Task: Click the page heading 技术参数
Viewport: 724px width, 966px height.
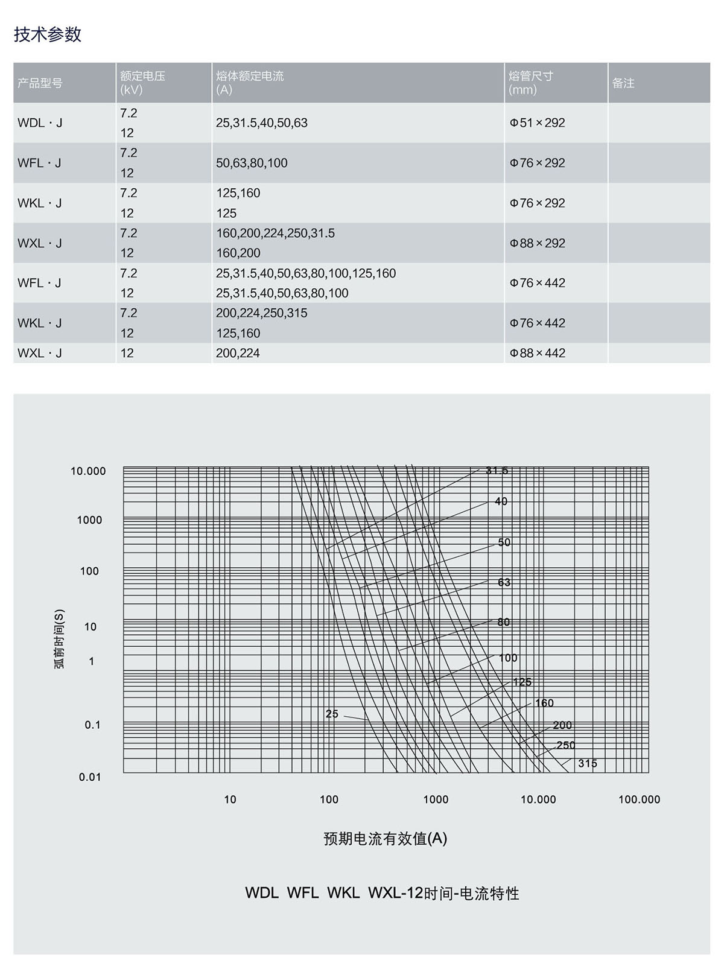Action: coord(48,34)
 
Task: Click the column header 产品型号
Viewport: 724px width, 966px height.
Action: coord(40,83)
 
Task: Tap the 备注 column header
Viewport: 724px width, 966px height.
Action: coord(623,83)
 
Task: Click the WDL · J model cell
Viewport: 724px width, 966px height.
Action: coord(40,123)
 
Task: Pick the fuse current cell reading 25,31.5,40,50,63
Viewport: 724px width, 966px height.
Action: coord(262,123)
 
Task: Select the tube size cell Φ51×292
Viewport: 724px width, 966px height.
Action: coord(538,123)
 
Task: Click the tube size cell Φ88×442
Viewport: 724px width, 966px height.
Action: coord(538,353)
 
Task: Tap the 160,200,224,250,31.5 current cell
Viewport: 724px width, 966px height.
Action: coord(275,234)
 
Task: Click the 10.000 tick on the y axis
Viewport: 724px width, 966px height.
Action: coord(88,471)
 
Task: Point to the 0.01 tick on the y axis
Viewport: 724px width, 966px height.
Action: coord(90,777)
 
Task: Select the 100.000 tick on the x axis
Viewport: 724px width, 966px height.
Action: coord(639,799)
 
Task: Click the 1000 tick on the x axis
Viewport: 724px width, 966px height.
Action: coord(436,799)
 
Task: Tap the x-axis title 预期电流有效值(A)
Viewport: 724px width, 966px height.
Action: coord(386,839)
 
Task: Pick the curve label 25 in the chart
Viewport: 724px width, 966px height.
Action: coord(332,714)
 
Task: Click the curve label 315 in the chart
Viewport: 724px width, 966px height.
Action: coord(587,763)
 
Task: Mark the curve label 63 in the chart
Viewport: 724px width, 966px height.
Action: coord(504,582)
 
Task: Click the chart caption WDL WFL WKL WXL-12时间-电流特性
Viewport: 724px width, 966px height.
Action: coord(382,893)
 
